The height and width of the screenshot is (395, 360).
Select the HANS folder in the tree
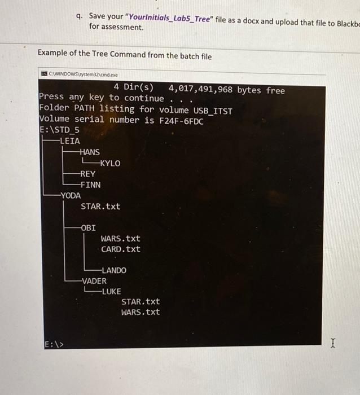click(x=90, y=152)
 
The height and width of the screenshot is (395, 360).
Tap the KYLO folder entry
click(x=109, y=163)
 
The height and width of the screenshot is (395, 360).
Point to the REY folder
click(x=88, y=174)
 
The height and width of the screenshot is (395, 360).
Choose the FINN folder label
click(x=90, y=185)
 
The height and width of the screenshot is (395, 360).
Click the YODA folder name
click(x=71, y=195)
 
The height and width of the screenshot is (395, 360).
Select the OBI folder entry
click(x=89, y=228)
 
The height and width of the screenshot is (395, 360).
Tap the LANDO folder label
click(x=114, y=270)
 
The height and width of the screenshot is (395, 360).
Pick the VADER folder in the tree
click(x=94, y=280)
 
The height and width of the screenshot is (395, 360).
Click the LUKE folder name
click(x=111, y=291)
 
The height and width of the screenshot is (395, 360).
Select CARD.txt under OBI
click(x=121, y=249)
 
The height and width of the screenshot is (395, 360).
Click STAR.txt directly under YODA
click(x=100, y=207)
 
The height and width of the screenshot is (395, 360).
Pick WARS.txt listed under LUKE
click(x=141, y=312)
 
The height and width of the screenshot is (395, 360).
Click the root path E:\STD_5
click(x=59, y=130)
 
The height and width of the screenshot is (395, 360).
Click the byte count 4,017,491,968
click(x=200, y=90)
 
